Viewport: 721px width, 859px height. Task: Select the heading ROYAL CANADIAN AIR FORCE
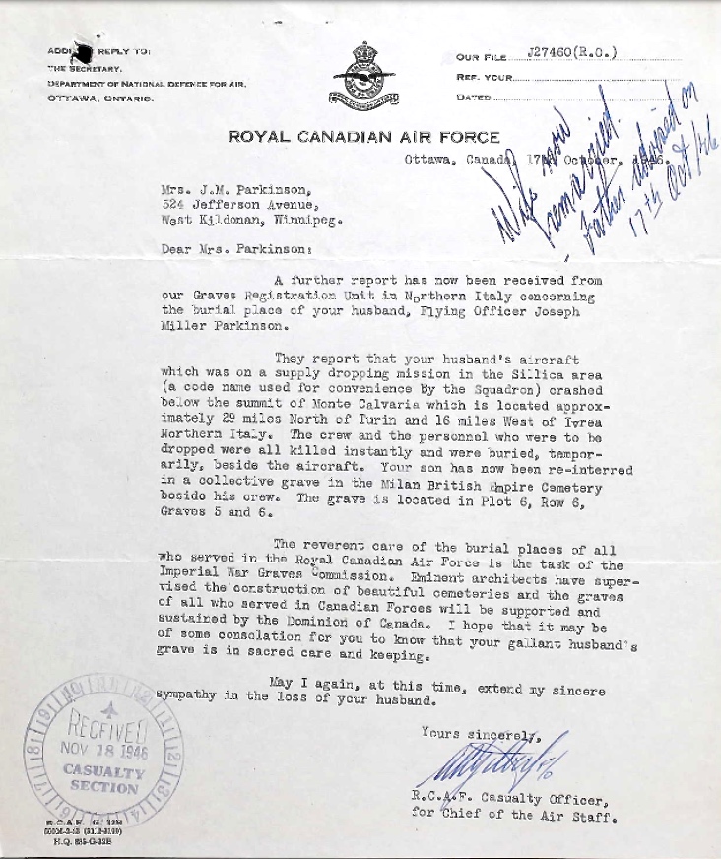click(x=364, y=137)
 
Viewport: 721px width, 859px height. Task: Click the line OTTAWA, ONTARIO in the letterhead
click(x=100, y=99)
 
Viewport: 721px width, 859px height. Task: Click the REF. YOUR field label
click(x=485, y=76)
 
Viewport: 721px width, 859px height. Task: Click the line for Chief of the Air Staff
click(x=514, y=815)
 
